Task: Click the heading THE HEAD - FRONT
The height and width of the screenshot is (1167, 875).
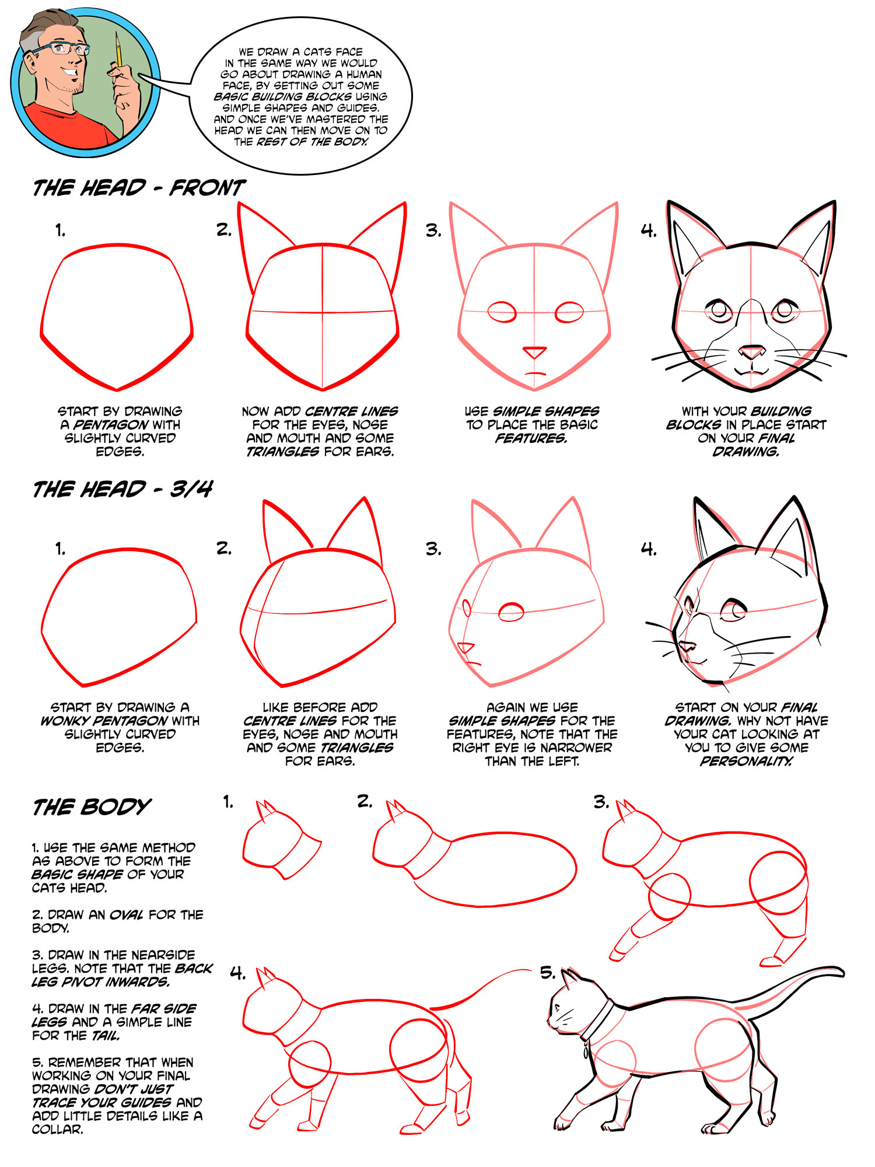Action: [139, 188]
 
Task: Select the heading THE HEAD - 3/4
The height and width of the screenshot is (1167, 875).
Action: [123, 490]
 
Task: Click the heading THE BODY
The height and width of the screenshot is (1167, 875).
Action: [92, 807]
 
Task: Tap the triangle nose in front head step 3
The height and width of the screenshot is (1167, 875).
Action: [534, 352]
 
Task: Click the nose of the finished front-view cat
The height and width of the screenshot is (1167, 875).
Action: [752, 352]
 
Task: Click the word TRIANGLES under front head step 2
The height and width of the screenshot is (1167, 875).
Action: [282, 452]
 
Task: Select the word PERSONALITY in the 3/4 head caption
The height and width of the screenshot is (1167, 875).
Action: [746, 761]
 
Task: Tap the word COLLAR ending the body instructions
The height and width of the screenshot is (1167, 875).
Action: [58, 1129]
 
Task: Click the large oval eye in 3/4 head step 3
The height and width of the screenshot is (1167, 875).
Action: [512, 612]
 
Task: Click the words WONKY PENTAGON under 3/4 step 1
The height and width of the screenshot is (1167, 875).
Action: [104, 721]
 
